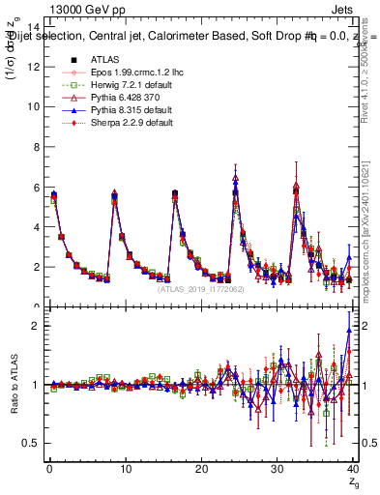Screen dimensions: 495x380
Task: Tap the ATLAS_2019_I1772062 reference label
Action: coord(201,289)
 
